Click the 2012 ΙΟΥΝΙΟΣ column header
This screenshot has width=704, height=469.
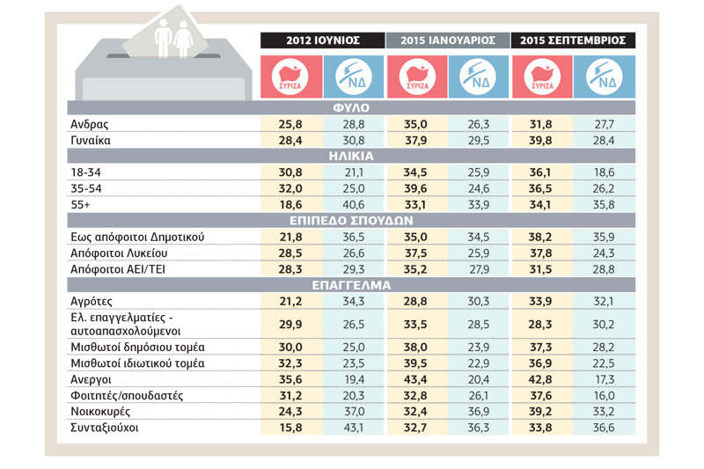(323, 40)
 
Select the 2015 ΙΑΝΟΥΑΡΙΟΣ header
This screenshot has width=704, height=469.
(448, 40)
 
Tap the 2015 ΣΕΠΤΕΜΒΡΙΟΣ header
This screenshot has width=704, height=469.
(573, 40)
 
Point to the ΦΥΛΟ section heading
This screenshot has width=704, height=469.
(351, 107)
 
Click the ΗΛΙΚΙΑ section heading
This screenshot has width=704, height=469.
(351, 156)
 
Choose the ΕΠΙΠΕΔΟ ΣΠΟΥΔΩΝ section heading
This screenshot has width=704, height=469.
(351, 221)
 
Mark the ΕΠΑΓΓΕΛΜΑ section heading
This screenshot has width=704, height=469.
(351, 285)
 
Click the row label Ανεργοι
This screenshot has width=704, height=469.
(92, 380)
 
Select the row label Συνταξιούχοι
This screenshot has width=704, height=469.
(105, 428)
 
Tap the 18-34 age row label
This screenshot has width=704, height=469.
(85, 172)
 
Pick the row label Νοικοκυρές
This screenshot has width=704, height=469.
(100, 412)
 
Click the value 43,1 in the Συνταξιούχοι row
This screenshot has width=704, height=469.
(354, 428)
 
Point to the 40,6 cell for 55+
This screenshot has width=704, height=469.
(354, 205)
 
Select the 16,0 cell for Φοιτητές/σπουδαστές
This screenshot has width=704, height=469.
(604, 395)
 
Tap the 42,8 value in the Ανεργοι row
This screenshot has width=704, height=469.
(540, 379)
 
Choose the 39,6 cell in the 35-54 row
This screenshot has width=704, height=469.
(415, 188)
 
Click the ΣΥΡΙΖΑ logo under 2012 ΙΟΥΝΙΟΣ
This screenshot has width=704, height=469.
(290, 77)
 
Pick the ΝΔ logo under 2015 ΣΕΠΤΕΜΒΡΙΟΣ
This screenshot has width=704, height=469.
(605, 77)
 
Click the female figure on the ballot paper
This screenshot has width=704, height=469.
(183, 39)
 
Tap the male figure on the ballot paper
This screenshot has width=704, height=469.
(163, 38)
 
